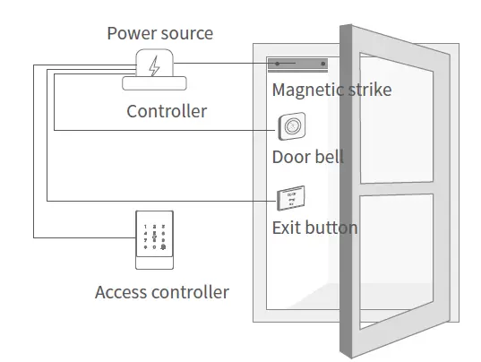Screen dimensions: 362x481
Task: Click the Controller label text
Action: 167,111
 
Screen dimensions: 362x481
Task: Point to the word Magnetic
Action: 305,90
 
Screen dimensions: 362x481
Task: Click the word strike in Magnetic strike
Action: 367,90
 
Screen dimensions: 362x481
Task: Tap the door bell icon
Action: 290,128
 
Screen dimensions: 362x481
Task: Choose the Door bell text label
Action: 307,158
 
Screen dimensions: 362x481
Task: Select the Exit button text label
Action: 314,228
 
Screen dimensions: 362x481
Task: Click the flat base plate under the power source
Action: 154,83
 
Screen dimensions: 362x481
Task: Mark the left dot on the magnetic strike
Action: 279,65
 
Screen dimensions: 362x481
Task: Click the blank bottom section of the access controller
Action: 156,263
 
